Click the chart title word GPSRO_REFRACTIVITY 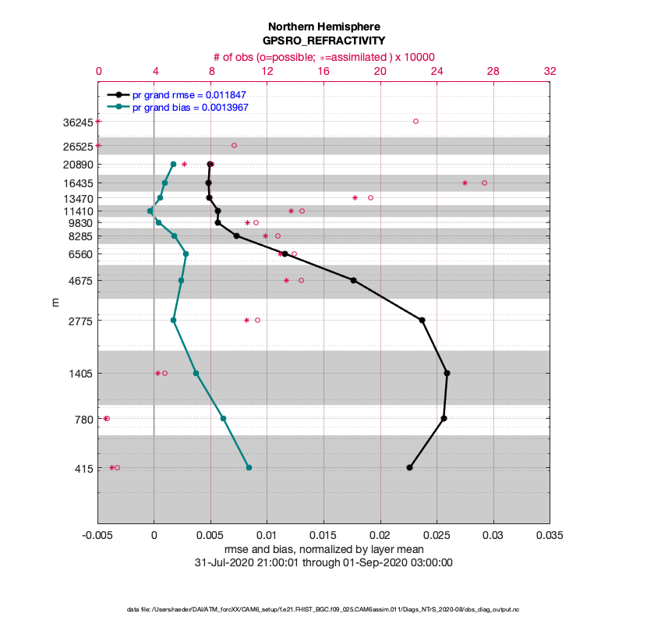click(323, 41)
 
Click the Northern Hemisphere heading click(323, 26)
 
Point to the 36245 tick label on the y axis click(77, 122)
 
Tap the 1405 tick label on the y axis click(80, 374)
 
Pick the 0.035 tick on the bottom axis click(550, 537)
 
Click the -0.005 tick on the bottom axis click(98, 537)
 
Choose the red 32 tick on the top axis click(550, 71)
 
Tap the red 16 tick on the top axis click(323, 71)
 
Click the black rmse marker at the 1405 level click(447, 373)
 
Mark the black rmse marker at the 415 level click(409, 467)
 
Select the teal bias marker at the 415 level click(249, 467)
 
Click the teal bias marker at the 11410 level click(150, 211)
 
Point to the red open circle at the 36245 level click(415, 121)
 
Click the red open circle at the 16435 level click(484, 183)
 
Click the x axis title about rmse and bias click(323, 550)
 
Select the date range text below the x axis click(323, 562)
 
